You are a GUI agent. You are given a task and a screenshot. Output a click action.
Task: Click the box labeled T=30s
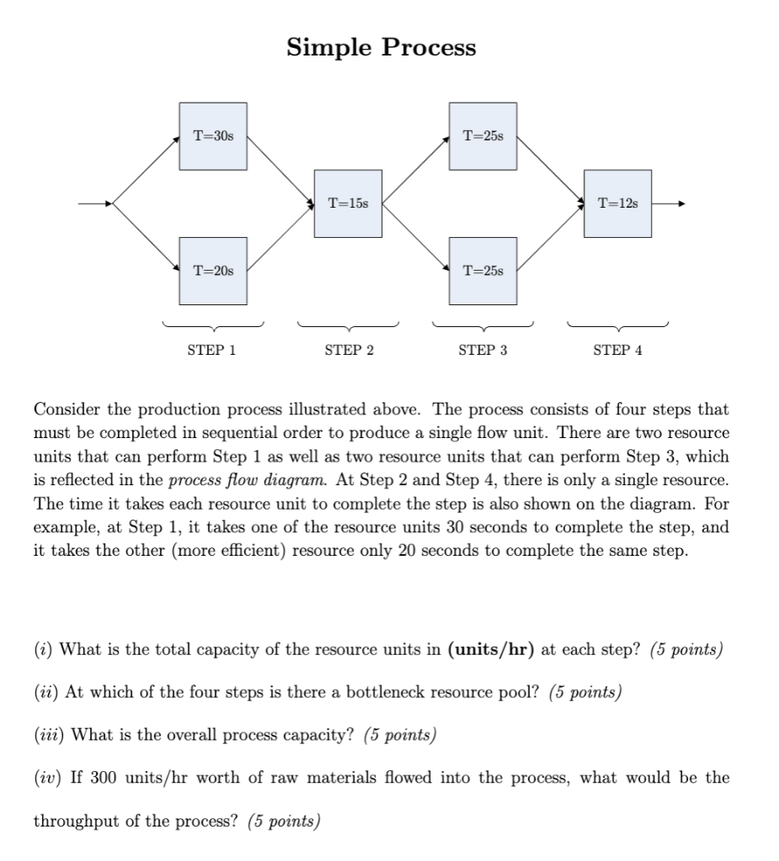(x=212, y=136)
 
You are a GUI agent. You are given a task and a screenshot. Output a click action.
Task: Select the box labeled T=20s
(x=212, y=271)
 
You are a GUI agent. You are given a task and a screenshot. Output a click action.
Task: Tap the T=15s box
(x=347, y=203)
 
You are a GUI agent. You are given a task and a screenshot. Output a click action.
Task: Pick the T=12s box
(x=617, y=203)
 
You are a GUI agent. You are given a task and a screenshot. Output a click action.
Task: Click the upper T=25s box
(x=483, y=136)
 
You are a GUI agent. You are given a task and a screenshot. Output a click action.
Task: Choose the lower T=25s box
(x=483, y=271)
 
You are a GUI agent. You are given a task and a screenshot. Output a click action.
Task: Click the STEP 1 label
(x=211, y=351)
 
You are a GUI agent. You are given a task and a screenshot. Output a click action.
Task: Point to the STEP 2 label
(x=348, y=351)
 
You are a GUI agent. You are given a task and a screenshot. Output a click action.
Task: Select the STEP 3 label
(x=483, y=351)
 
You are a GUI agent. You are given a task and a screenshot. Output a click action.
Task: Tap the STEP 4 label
(x=617, y=351)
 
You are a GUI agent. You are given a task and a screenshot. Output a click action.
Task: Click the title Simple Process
(x=381, y=47)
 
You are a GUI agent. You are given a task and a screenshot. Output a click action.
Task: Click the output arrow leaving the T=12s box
(x=670, y=203)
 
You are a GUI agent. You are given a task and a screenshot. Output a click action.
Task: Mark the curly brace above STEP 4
(x=617, y=325)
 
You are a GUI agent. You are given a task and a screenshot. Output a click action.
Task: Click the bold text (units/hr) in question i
(x=492, y=650)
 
